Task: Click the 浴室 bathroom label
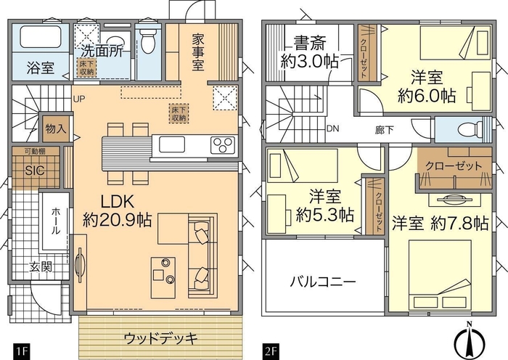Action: [x=41, y=70]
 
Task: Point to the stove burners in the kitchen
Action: [x=221, y=145]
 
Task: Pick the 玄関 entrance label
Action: [x=41, y=267]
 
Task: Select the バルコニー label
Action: [x=322, y=282]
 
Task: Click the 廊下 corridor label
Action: [x=385, y=129]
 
